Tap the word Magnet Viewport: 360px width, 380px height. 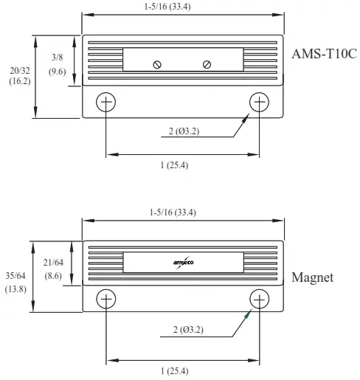tap(313, 277)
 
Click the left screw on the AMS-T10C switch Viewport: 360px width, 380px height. tap(157, 64)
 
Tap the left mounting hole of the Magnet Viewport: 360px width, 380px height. tap(106, 298)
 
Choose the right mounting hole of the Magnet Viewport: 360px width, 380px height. tap(260, 298)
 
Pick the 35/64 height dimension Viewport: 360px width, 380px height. tap(16, 275)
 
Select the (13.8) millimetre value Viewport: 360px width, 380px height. tap(16, 289)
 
